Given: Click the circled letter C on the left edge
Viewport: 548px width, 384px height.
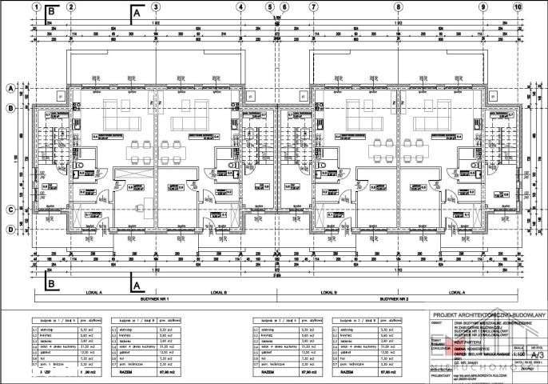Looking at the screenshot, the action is (11, 210).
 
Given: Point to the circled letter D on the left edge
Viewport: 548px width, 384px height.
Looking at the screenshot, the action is (11, 230).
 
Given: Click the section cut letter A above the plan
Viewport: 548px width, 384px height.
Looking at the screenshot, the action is (137, 14).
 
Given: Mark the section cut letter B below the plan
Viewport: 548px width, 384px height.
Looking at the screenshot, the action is (51, 282).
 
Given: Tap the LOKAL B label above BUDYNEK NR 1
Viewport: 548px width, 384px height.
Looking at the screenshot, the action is (220, 292).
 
